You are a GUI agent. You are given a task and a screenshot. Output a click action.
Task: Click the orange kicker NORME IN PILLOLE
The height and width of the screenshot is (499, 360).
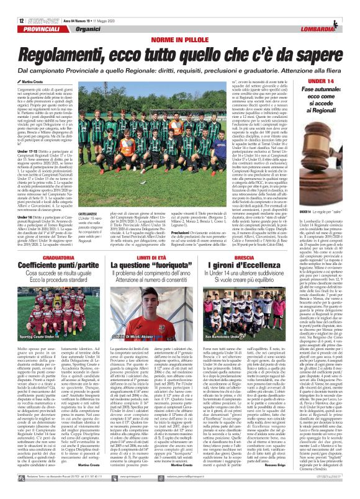point(180,22)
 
